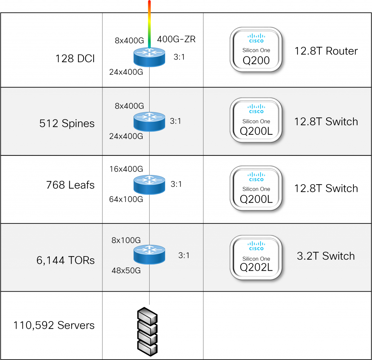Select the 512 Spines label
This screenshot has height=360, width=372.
(67, 124)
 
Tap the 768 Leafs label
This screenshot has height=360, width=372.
(70, 185)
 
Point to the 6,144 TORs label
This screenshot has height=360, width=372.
(65, 260)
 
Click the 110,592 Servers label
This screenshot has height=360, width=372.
(54, 325)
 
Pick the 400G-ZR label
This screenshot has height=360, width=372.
(176, 39)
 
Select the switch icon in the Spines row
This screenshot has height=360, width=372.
(149, 121)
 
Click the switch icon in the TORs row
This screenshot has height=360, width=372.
(149, 254)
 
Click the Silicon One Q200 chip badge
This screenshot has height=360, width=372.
(256, 50)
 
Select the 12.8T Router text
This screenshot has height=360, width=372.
(326, 51)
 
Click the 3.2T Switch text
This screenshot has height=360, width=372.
(325, 256)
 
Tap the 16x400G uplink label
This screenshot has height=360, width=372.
(126, 169)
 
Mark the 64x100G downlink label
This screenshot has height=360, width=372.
(126, 199)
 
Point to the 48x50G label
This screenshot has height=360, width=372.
(126, 271)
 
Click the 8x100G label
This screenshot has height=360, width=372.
(126, 240)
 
